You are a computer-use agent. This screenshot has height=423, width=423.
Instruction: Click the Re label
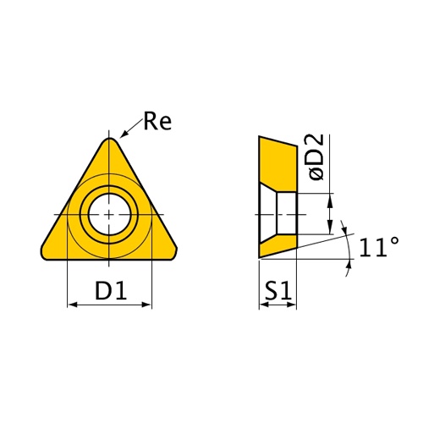tap(157, 121)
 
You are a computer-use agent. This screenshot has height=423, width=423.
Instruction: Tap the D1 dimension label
tap(111, 290)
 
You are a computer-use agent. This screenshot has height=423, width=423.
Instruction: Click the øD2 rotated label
tap(316, 157)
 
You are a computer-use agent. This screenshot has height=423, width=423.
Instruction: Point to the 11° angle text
tap(379, 247)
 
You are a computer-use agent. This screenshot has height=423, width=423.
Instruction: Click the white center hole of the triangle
tap(109, 214)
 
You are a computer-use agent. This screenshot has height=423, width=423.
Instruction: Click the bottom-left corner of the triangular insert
tap(43, 255)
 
